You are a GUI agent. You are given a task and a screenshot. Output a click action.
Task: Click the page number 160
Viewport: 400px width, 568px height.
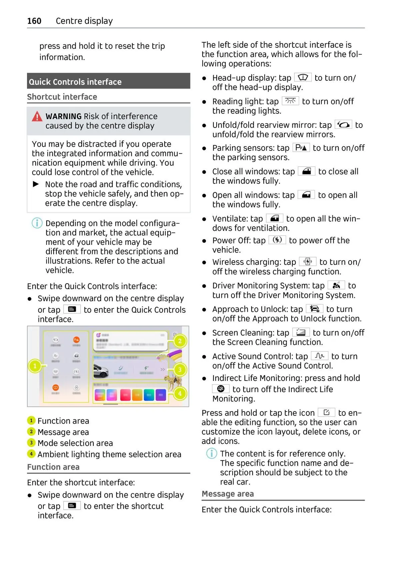pyautogui.click(x=34, y=21)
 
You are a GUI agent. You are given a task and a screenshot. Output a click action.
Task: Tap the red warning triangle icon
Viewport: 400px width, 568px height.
pyautogui.click(x=37, y=116)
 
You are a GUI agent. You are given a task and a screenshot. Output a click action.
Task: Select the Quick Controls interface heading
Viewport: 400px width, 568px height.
pyautogui.click(x=75, y=82)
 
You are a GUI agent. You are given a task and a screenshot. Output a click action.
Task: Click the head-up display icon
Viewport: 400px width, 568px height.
pyautogui.click(x=303, y=77)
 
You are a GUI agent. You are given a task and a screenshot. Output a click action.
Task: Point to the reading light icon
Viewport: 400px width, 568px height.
pyautogui.click(x=290, y=101)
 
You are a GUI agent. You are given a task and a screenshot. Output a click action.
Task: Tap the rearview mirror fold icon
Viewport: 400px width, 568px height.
pyautogui.click(x=343, y=125)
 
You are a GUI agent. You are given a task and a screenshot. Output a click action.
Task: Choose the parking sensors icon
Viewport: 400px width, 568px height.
pyautogui.click(x=301, y=147)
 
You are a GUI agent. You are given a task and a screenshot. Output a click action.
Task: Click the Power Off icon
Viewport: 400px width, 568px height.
pyautogui.click(x=277, y=240)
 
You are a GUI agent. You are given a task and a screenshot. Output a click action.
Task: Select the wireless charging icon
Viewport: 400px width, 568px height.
pyautogui.click(x=308, y=261)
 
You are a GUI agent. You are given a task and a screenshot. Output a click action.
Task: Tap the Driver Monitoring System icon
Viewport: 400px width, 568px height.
pyautogui.click(x=336, y=285)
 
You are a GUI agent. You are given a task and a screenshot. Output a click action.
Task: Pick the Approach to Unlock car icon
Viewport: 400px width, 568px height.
pyautogui.click(x=314, y=309)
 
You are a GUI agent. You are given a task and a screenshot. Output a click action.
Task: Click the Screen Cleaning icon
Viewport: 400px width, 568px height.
pyautogui.click(x=301, y=332)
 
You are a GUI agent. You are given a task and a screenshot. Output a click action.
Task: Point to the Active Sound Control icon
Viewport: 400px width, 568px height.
pyautogui.click(x=319, y=356)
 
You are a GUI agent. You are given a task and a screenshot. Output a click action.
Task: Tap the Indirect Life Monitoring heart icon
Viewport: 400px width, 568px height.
pyautogui.click(x=221, y=389)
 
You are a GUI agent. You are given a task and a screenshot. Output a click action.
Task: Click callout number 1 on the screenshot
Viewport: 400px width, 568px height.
pyautogui.click(x=35, y=366)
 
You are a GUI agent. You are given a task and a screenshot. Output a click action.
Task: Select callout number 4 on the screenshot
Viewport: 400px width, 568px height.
pyautogui.click(x=180, y=394)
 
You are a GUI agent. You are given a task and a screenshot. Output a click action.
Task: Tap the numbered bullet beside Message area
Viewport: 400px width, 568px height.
pyautogui.click(x=31, y=432)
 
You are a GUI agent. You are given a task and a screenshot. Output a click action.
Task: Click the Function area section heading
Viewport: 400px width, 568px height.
pyautogui.click(x=53, y=467)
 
